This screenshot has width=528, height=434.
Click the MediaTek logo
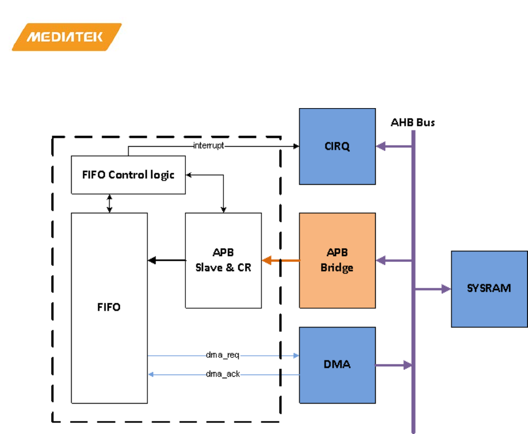(x=66, y=37)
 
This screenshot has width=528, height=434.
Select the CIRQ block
(x=337, y=146)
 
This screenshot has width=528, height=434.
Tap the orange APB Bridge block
(x=337, y=260)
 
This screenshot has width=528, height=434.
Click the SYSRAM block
(x=489, y=288)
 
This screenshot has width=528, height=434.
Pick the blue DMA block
(x=337, y=365)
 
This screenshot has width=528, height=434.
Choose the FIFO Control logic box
(x=128, y=175)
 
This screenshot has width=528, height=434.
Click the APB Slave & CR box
(x=223, y=260)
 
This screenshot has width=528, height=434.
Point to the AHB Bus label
(x=413, y=122)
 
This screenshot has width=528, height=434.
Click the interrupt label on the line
(x=209, y=146)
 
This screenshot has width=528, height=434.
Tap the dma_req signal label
(x=223, y=356)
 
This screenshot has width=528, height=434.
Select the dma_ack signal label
(x=223, y=374)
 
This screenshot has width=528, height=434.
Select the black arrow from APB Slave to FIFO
(x=166, y=260)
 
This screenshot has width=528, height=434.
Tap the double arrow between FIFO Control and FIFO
(x=110, y=203)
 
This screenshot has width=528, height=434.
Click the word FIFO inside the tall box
(x=109, y=307)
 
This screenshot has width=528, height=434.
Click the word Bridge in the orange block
(x=337, y=268)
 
